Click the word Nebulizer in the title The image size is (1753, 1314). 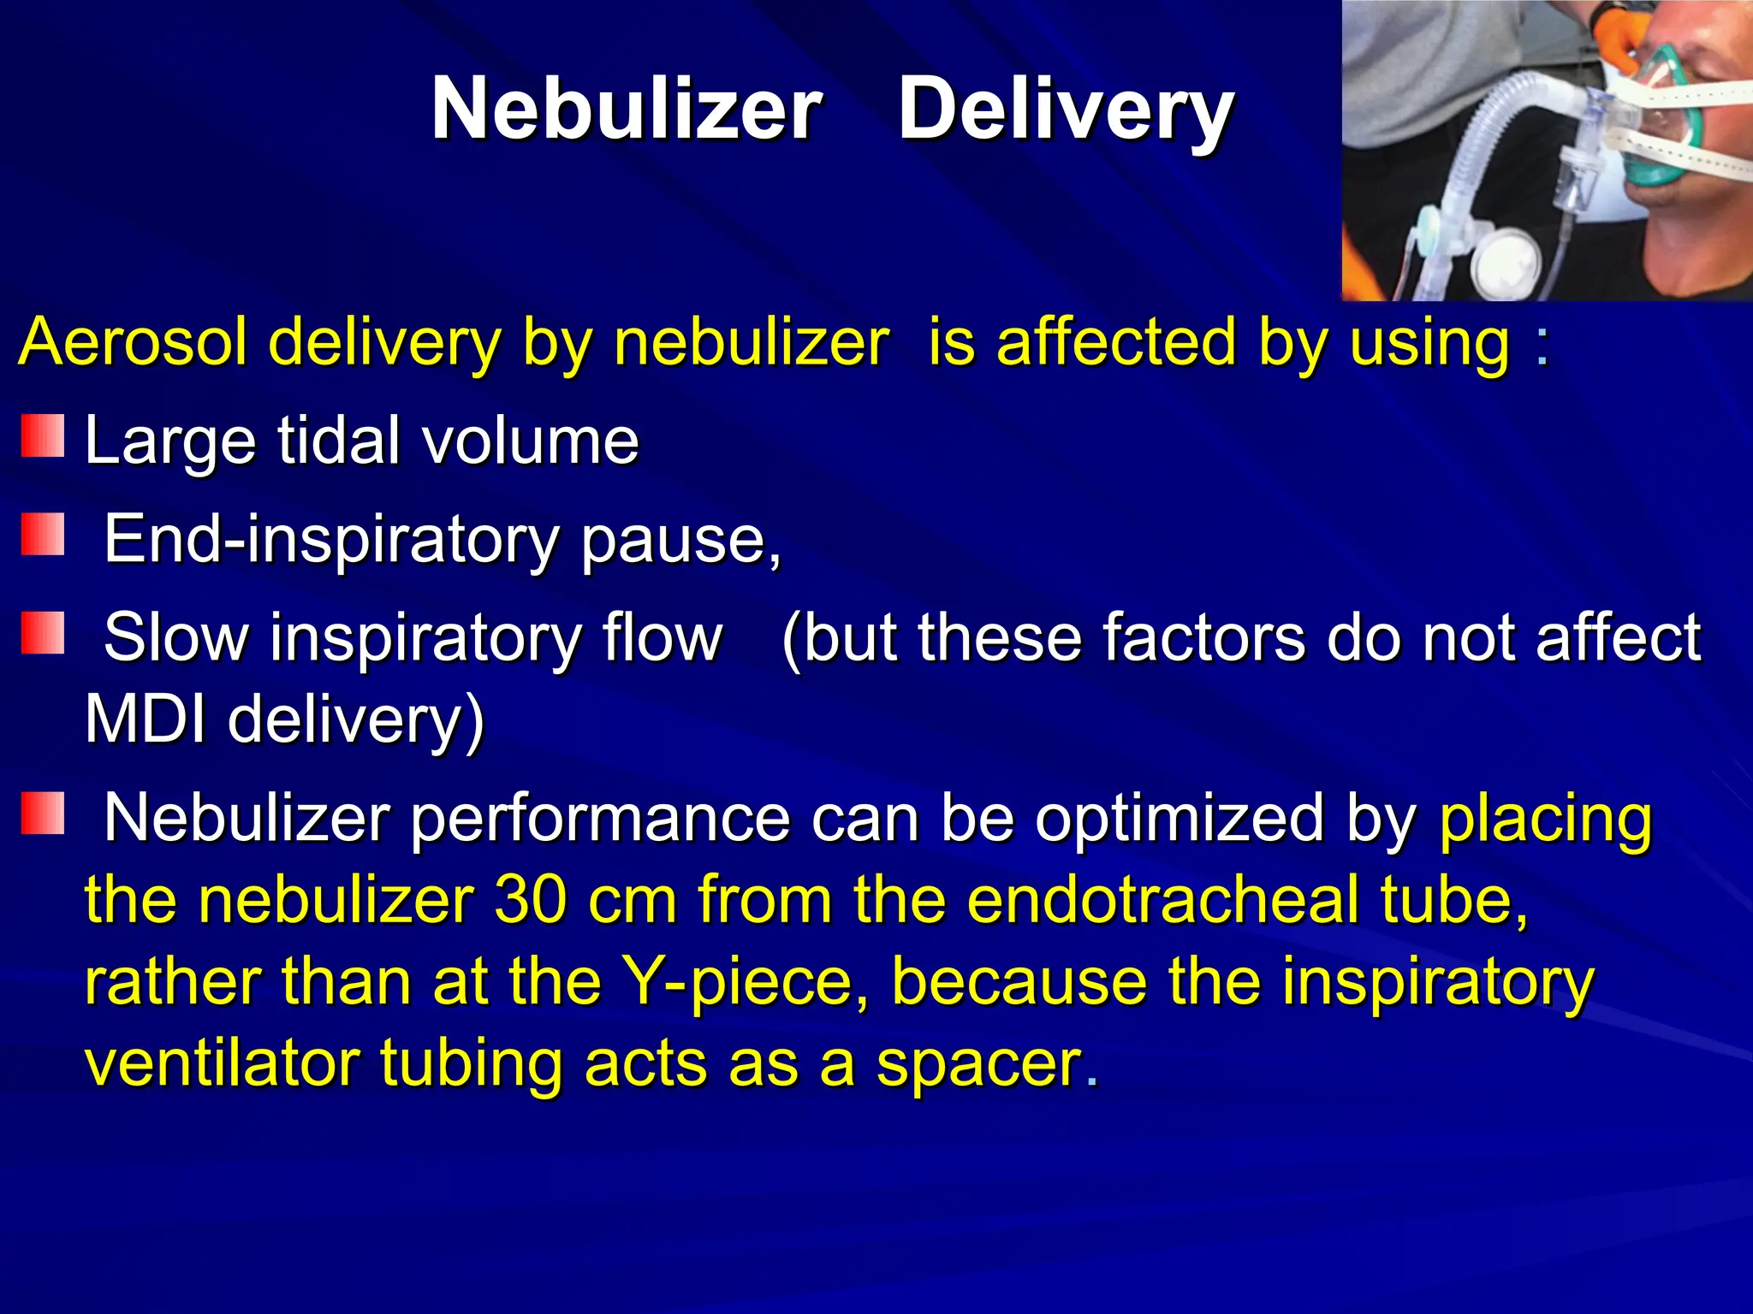(x=627, y=109)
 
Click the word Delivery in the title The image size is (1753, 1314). (x=1066, y=109)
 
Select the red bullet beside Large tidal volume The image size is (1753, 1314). (x=43, y=436)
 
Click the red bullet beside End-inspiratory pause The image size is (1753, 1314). (x=43, y=535)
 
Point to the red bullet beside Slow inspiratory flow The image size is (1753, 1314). (x=43, y=633)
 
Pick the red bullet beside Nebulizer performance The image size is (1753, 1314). (x=43, y=814)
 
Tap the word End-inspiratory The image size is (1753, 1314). (x=330, y=541)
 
